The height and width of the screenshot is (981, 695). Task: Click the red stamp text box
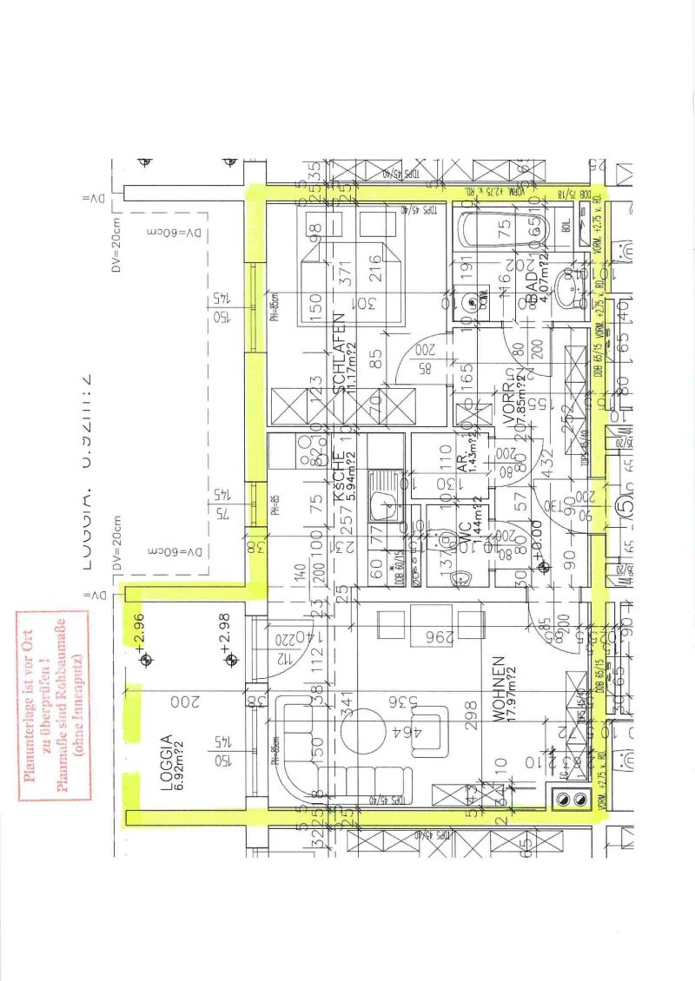55,703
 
